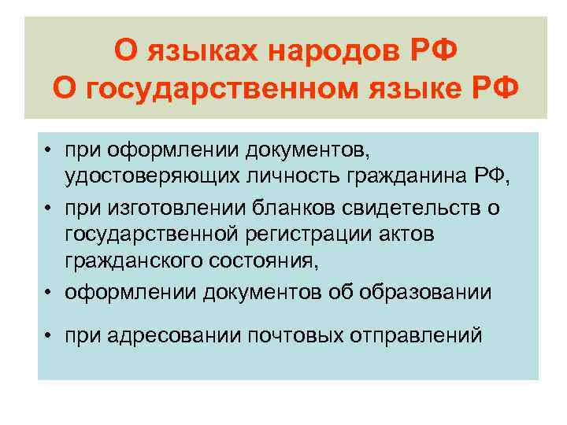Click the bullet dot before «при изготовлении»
[49, 208]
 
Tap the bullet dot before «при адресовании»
[49, 337]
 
